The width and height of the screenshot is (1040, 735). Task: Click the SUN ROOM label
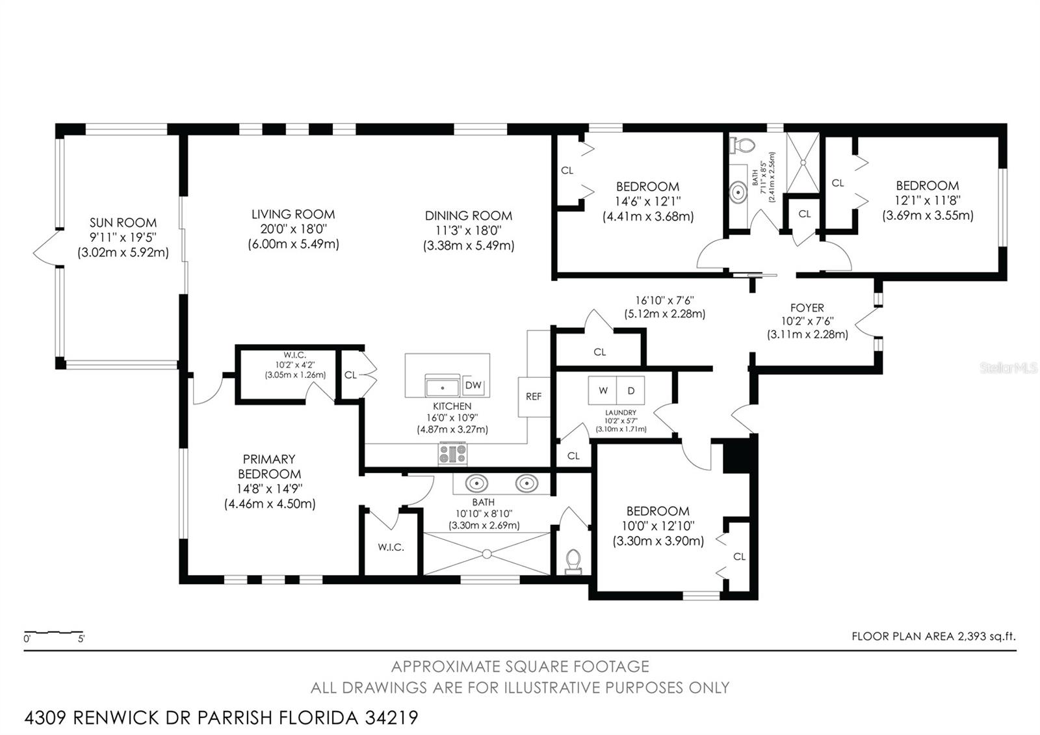tap(123, 222)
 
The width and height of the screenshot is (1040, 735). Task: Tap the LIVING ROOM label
tap(293, 214)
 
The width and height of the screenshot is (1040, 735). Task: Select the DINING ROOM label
tap(469, 215)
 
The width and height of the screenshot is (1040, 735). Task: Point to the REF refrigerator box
tap(534, 397)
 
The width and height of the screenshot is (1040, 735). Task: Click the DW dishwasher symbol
tap(473, 385)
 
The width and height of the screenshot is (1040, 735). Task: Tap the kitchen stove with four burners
tap(452, 453)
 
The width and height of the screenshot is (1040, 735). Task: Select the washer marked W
tap(603, 390)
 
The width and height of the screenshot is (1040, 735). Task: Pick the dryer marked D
tap(630, 390)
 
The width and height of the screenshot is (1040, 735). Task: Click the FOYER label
tap(807, 308)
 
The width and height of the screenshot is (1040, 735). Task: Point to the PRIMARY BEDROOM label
tap(269, 466)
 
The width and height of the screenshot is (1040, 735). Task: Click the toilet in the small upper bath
tap(742, 145)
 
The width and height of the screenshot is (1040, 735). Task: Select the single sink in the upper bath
tap(738, 191)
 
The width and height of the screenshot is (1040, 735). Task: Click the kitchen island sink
tap(443, 386)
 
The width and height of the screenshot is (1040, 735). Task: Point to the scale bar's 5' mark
tap(81, 639)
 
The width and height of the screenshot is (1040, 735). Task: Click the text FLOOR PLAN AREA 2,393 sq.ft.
tap(933, 636)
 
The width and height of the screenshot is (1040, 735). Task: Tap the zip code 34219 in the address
tap(391, 717)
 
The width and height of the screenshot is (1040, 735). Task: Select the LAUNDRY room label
tap(621, 412)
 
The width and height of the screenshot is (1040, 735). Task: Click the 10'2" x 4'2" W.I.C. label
tap(295, 365)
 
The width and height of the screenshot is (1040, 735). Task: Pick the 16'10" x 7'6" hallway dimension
tap(665, 301)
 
